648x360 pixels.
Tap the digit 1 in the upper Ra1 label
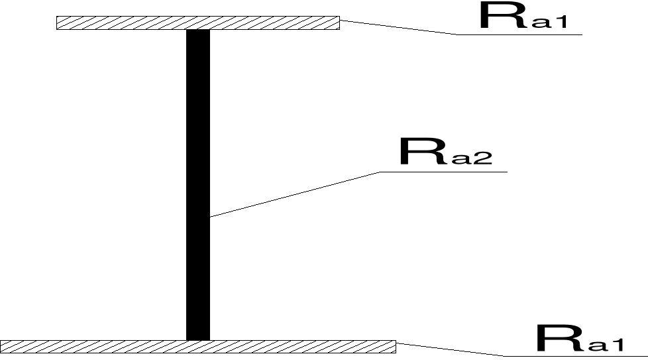click(x=569, y=23)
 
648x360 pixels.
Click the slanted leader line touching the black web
click(x=295, y=194)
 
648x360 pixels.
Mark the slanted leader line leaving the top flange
click(x=398, y=27)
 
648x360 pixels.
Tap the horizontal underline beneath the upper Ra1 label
click(x=520, y=34)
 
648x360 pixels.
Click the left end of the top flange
click(x=58, y=23)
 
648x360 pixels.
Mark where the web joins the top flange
click(x=198, y=30)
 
